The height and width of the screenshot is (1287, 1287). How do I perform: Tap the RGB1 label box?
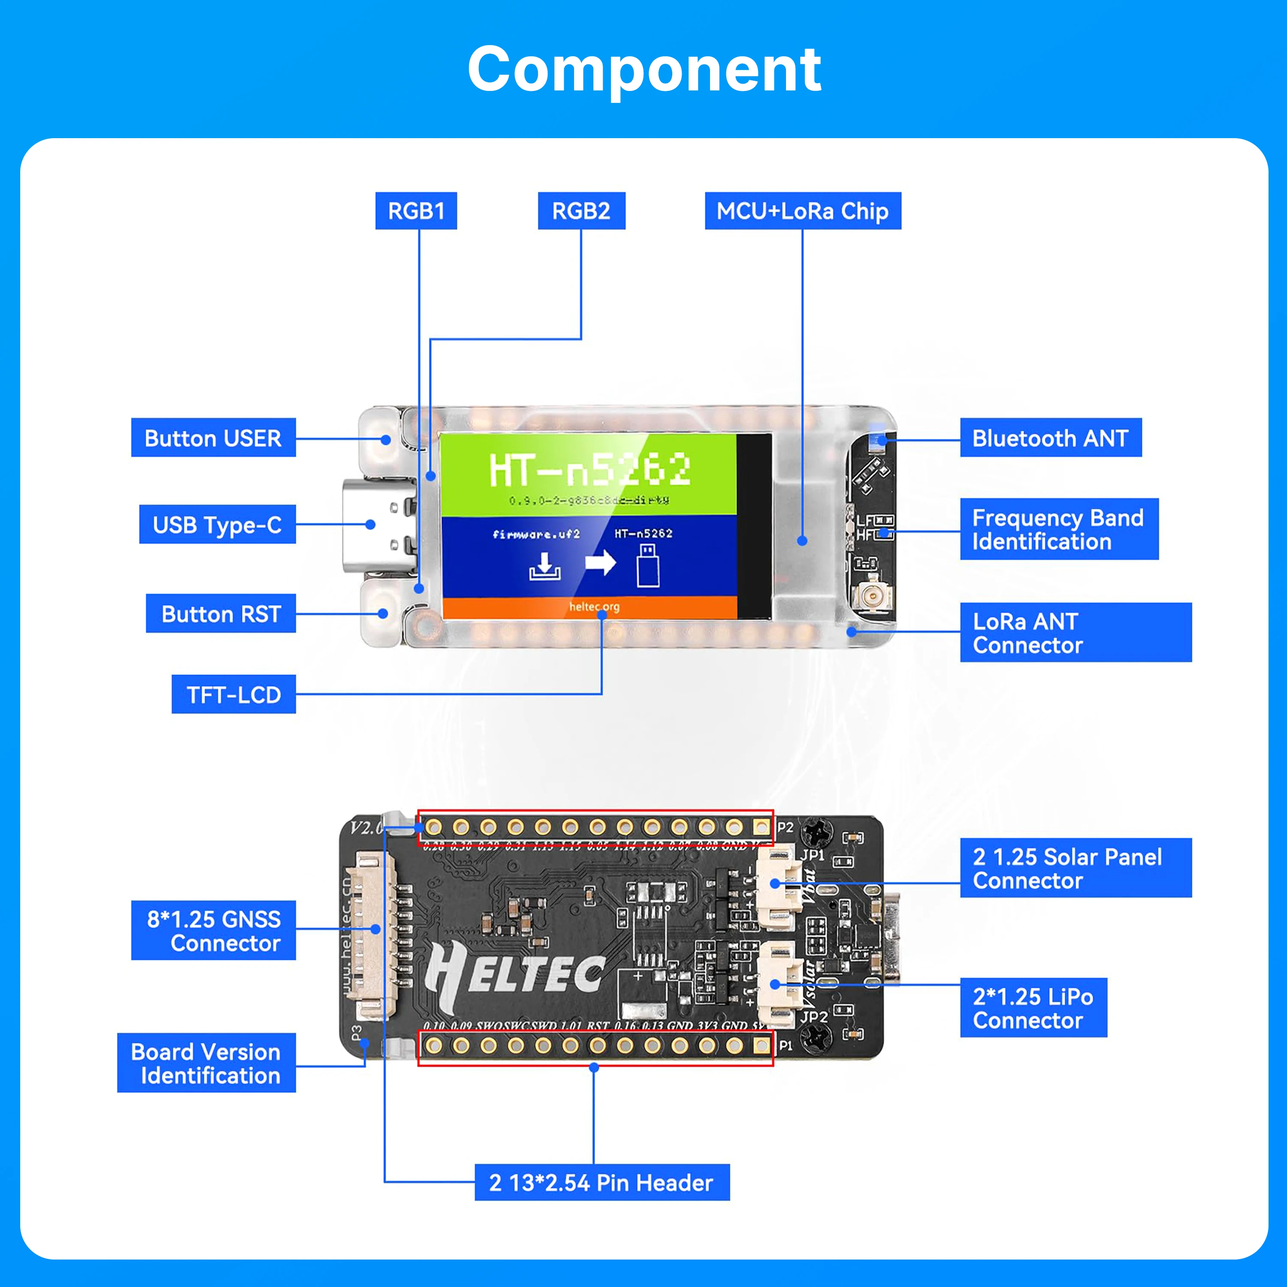tap(416, 211)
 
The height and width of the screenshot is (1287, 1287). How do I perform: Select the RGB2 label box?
tap(581, 211)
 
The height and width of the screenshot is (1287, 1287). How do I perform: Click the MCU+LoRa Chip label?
tap(802, 211)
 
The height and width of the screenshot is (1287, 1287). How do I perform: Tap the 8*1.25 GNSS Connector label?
tap(213, 930)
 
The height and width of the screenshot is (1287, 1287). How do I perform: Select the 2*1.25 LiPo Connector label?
tap(1033, 1007)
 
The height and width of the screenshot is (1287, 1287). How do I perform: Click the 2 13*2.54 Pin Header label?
tap(601, 1182)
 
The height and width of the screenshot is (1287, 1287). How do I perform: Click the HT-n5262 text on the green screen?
tap(589, 470)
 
